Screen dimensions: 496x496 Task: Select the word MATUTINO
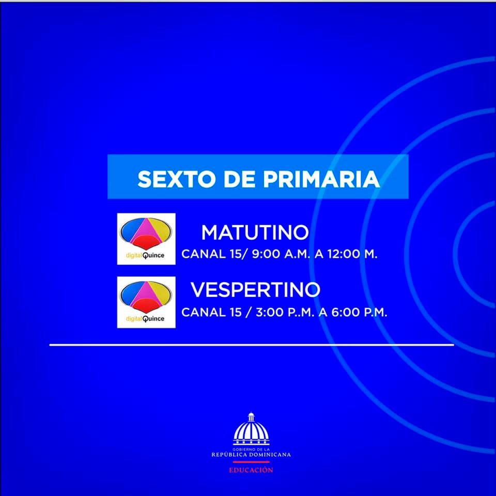(x=255, y=233)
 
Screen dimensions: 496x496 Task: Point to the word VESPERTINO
(x=255, y=290)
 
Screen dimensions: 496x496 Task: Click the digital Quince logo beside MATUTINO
(x=146, y=239)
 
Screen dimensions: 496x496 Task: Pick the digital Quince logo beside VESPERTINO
(x=146, y=302)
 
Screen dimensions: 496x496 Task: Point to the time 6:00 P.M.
(x=361, y=313)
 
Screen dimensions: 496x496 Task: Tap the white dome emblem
(x=251, y=430)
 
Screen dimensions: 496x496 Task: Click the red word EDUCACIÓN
(x=251, y=470)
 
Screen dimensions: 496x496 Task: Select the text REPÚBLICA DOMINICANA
(x=251, y=455)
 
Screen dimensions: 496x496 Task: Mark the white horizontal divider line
(x=251, y=344)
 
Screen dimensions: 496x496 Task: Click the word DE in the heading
(x=240, y=179)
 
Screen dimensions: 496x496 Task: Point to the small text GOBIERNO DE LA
(x=251, y=450)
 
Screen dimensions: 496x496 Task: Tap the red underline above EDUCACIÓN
(x=251, y=462)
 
